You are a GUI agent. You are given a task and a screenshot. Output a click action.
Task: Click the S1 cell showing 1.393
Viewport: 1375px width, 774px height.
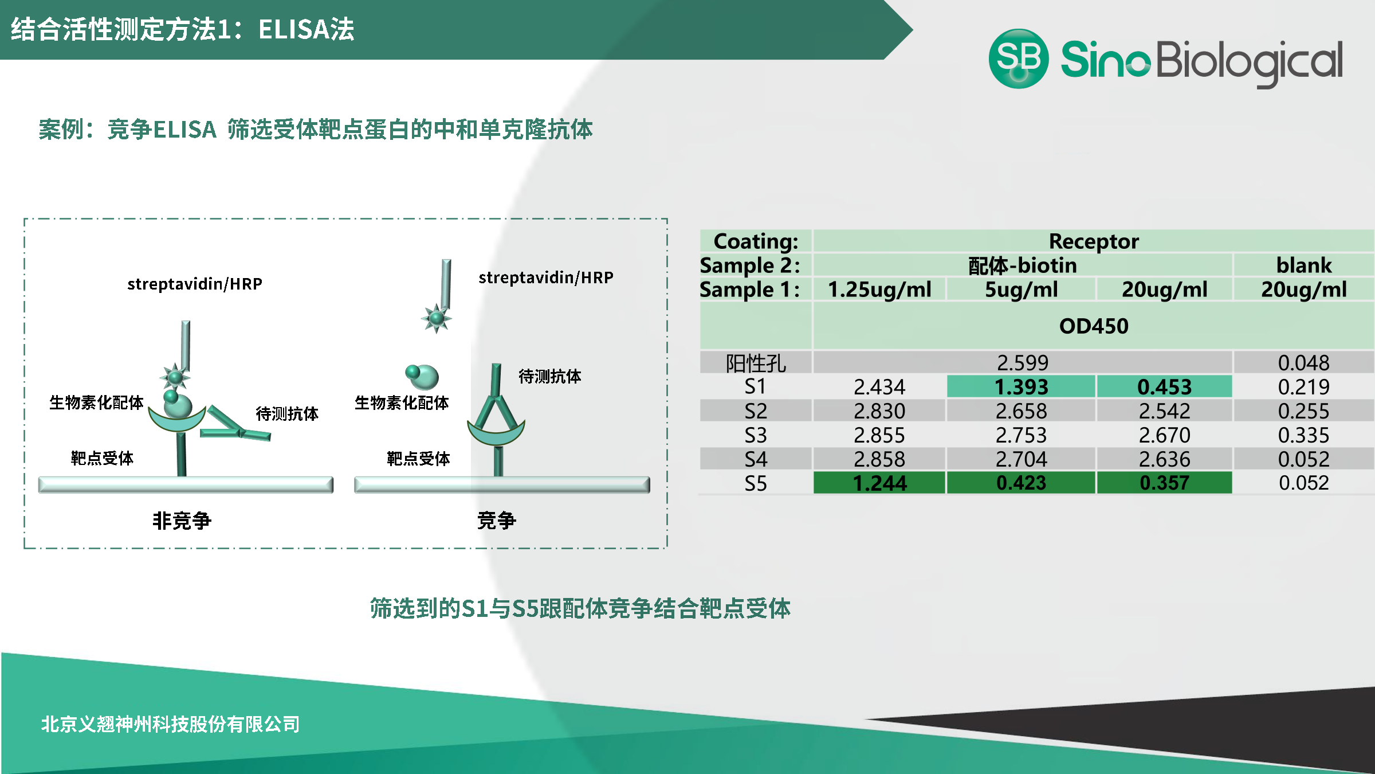click(x=1021, y=386)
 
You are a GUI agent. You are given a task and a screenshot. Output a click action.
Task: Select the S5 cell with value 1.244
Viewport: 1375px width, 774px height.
click(x=879, y=483)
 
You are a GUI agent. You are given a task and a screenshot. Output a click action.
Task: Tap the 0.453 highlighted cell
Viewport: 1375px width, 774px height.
click(x=1164, y=386)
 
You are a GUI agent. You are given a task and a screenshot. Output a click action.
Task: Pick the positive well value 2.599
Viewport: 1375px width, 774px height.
click(x=1023, y=362)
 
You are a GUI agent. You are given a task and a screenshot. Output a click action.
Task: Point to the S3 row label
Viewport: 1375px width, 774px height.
click(x=755, y=435)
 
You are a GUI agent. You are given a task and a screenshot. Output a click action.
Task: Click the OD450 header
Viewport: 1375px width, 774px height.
click(x=1094, y=326)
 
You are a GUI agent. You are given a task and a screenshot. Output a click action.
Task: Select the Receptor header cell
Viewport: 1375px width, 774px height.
click(x=1094, y=241)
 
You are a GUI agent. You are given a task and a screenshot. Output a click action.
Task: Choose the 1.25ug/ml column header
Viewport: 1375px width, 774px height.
click(x=879, y=290)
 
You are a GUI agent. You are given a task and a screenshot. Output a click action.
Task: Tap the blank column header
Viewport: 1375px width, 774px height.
click(x=1304, y=265)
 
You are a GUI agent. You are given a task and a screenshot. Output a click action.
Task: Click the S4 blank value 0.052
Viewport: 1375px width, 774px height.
click(x=1303, y=459)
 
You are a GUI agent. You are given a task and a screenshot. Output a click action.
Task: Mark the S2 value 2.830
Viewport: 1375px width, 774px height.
click(x=879, y=411)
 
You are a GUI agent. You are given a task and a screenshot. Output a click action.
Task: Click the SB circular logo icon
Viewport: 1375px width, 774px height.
click(x=1019, y=58)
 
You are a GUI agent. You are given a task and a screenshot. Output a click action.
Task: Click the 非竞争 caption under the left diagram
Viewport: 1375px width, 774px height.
click(x=182, y=521)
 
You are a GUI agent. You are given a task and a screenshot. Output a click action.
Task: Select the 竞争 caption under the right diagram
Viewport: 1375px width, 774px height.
click(x=497, y=521)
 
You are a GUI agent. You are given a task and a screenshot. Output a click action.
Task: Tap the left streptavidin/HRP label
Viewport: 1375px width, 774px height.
click(x=195, y=284)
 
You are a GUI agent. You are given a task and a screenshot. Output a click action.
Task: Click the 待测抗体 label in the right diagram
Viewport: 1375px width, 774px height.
click(x=550, y=376)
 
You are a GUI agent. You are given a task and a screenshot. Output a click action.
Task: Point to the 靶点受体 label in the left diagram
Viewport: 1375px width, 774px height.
click(x=102, y=458)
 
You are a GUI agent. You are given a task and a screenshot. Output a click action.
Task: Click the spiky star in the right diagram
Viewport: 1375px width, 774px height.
click(x=437, y=318)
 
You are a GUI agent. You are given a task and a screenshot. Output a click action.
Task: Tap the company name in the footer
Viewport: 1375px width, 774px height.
click(x=170, y=724)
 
